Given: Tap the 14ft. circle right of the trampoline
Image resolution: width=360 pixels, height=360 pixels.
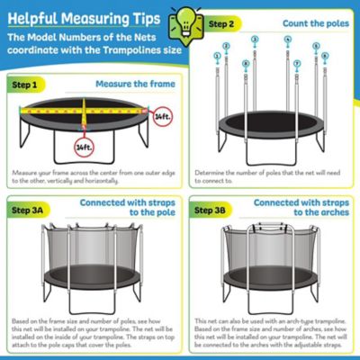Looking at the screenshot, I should coord(160,117).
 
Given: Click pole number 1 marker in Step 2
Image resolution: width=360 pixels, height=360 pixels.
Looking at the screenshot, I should coord(217,56).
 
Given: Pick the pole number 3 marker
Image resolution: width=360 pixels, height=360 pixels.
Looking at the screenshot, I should coord(255,40).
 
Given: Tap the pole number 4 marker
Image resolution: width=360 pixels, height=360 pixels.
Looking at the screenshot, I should coord(288,40).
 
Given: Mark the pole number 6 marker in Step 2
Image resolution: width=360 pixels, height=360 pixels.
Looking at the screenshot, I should coord(316,46).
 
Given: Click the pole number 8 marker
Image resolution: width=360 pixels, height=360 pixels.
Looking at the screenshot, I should coord(246,63).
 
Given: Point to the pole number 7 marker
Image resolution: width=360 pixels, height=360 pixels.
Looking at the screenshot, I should coord(297,64).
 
